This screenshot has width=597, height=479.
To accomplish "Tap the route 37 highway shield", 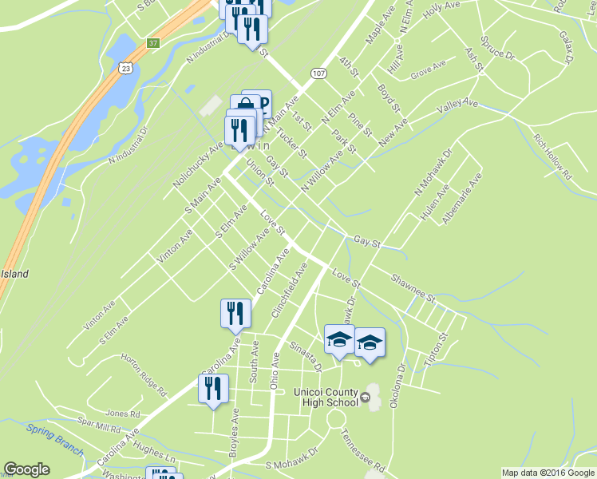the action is click(152, 42).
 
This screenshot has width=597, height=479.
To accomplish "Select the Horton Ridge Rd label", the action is click(141, 374).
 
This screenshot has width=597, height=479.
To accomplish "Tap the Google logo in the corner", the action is click(26, 469).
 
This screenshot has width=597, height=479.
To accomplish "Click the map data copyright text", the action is click(548, 473).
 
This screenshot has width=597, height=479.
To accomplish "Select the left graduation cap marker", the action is click(339, 341).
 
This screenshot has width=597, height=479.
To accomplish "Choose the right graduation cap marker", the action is click(370, 342).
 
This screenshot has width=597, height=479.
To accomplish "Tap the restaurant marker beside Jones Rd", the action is click(213, 389).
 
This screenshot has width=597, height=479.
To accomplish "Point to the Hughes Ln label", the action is click(155, 455).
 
